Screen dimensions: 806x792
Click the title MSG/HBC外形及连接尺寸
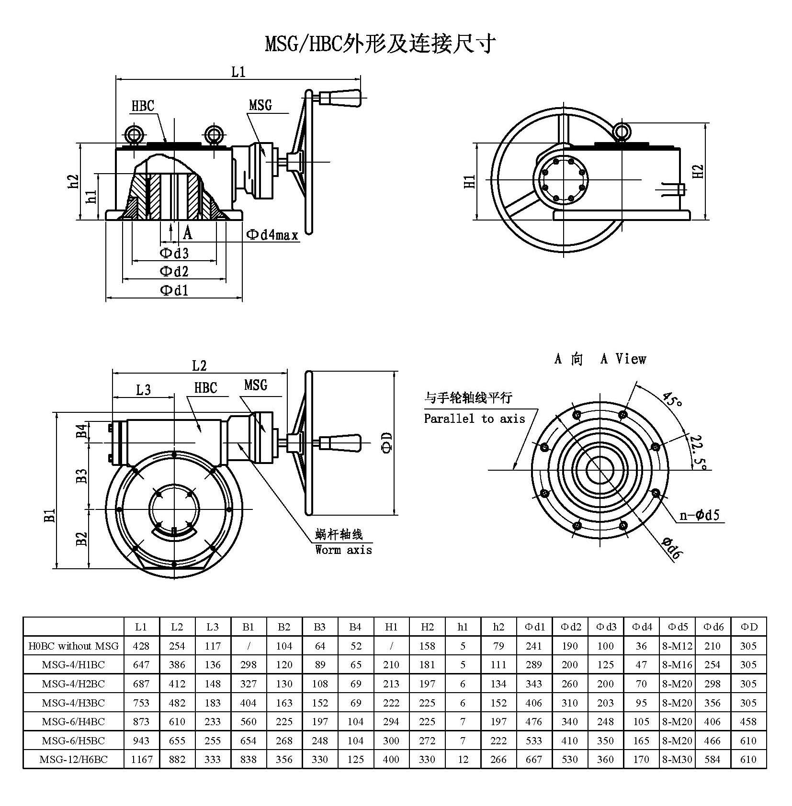point(380,44)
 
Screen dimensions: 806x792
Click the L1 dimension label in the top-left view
point(238,72)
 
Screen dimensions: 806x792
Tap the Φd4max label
point(272,234)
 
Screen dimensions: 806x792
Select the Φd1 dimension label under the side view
point(174,290)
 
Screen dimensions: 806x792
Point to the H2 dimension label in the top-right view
point(699,171)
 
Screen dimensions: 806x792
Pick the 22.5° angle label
point(696,451)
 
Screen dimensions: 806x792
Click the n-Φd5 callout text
point(700,515)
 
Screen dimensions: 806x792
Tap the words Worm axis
point(343,550)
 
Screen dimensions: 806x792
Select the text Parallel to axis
point(475,419)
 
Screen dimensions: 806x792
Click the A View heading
point(623,359)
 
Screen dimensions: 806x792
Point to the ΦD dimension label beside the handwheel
point(387,442)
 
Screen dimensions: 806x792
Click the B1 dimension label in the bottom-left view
point(50,515)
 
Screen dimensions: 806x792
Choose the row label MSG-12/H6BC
point(73,759)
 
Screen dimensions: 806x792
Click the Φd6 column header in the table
point(713,627)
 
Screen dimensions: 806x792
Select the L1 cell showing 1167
point(141,759)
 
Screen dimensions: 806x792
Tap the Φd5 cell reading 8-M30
point(677,759)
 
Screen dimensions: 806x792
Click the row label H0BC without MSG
point(73,646)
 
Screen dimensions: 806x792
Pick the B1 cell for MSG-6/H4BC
point(249,721)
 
